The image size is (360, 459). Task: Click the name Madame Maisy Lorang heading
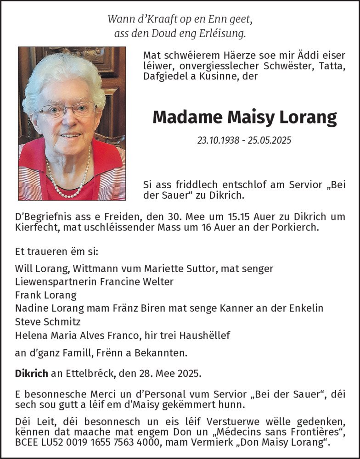click(244, 118)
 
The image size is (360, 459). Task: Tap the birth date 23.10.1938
click(219, 140)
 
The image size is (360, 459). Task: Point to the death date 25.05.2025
click(270, 140)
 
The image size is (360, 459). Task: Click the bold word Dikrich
click(31, 373)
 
